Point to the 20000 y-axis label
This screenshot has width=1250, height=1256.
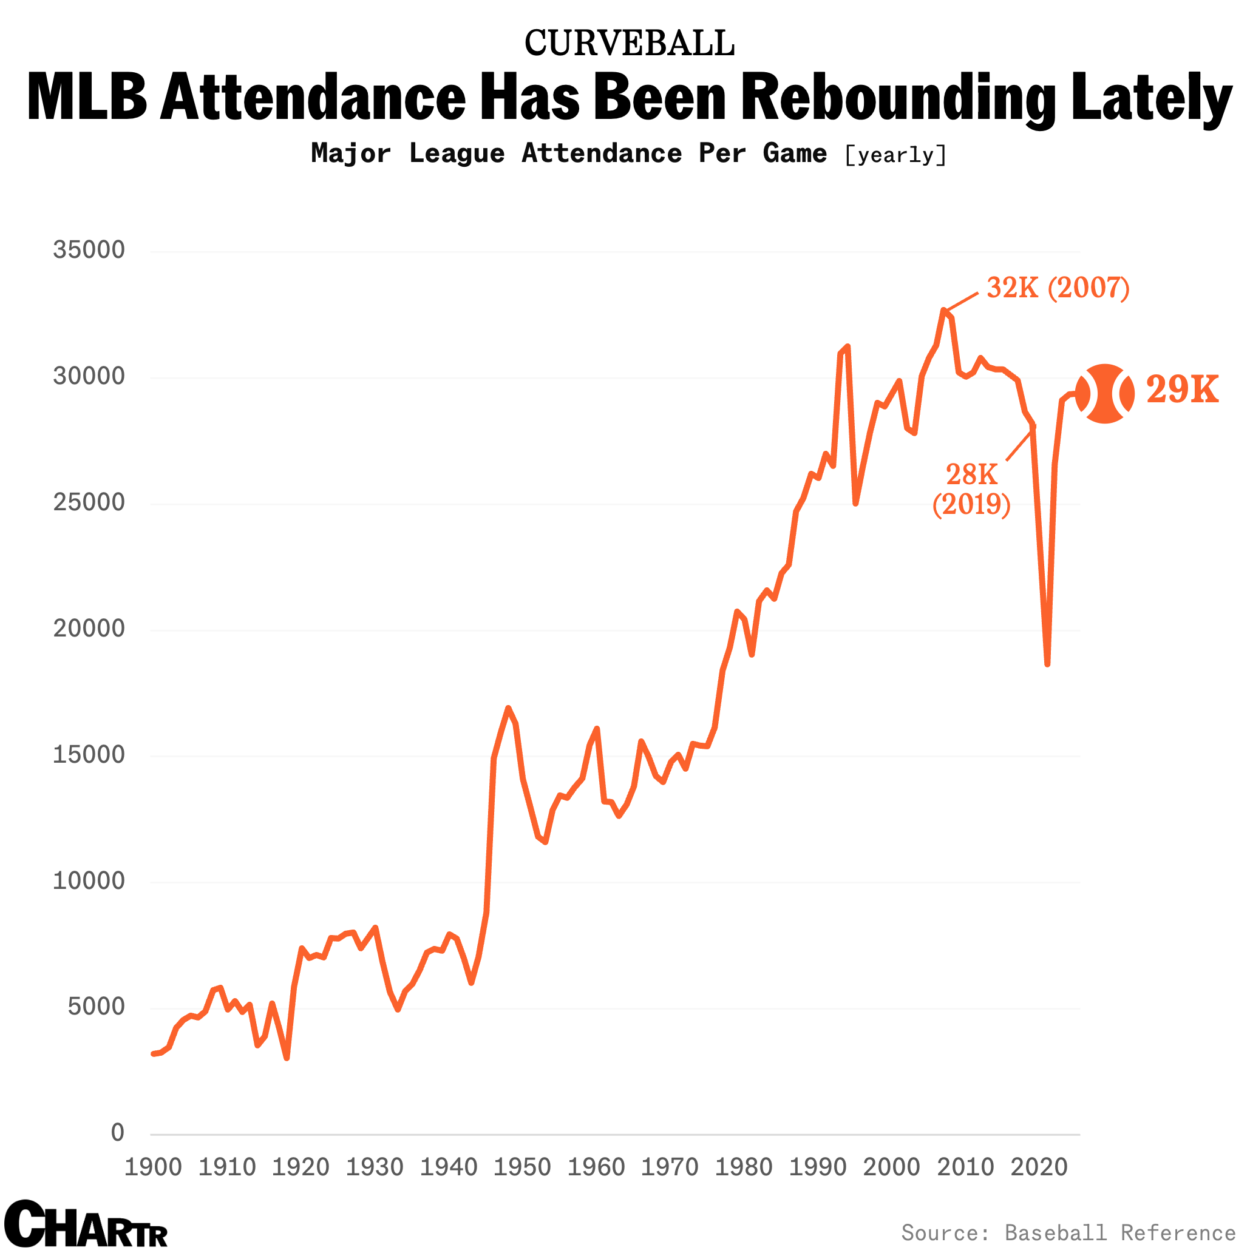click(89, 628)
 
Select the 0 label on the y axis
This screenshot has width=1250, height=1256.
click(118, 1132)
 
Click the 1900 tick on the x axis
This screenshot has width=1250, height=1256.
click(153, 1167)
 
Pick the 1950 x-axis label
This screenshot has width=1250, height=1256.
click(522, 1167)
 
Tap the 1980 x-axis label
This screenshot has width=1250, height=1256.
click(744, 1167)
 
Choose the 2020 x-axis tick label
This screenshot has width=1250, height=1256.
click(1039, 1167)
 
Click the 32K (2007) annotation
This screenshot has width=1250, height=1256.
click(1058, 288)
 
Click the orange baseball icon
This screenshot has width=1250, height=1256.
click(1105, 393)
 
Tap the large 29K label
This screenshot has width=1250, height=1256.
click(1182, 390)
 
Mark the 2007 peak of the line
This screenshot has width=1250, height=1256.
click(943, 310)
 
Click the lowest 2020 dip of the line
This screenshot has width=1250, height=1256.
click(1048, 664)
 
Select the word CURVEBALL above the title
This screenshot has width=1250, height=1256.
click(629, 43)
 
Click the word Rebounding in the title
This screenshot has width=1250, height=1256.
click(898, 98)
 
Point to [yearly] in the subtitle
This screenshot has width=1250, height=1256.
click(895, 155)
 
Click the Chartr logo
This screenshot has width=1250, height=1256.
click(86, 1225)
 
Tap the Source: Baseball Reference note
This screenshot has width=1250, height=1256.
click(1068, 1232)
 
